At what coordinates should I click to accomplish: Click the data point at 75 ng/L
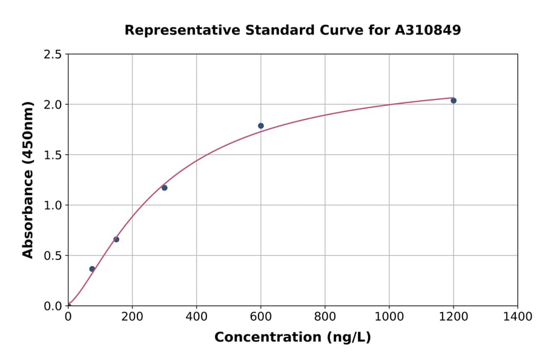[x=92, y=269]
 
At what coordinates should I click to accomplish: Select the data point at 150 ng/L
[x=116, y=239]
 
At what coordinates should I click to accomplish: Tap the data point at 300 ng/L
[x=164, y=188]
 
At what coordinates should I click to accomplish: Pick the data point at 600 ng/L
[x=261, y=126]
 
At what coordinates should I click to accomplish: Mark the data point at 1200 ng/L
[x=454, y=101]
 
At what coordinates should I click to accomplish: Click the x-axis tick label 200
[x=132, y=316]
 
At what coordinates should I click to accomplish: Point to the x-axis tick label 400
[x=196, y=316]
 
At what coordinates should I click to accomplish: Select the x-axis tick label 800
[x=325, y=316]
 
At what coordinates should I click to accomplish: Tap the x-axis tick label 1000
[x=389, y=316]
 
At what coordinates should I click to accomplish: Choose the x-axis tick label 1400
[x=517, y=316]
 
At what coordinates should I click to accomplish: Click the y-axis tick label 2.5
[x=53, y=55]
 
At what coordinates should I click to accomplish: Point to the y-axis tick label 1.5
[x=53, y=155]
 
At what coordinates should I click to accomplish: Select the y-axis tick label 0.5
[x=53, y=256]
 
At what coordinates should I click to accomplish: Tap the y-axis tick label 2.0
[x=53, y=105]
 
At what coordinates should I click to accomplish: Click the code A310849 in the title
[x=428, y=30]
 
